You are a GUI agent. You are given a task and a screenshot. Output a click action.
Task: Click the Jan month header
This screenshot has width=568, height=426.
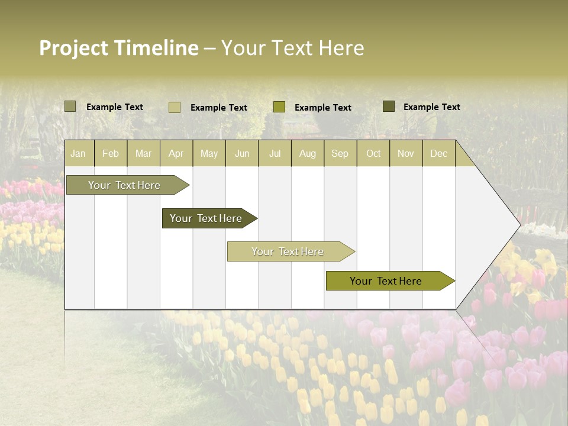tap(78, 153)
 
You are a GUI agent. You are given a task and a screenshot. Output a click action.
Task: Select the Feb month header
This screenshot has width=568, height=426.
tap(111, 153)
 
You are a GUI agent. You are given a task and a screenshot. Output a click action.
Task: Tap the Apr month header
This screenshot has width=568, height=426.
tap(176, 153)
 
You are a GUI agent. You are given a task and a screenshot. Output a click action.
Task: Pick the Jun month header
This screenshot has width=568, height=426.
tap(242, 153)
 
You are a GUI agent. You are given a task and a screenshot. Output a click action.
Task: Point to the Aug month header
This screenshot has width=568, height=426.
tap(307, 153)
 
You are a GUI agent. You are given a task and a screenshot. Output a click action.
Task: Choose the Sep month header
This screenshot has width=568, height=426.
tap(340, 153)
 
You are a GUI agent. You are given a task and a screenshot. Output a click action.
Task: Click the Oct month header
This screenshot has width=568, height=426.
tap(373, 153)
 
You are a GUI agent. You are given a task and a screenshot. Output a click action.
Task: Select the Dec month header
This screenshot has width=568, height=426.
tap(438, 153)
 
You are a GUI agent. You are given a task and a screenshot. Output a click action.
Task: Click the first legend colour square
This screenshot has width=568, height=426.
tap(70, 106)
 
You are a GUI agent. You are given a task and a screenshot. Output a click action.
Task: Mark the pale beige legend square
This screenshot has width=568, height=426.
tap(174, 107)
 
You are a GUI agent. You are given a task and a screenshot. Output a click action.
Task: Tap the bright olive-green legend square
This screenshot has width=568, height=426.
tap(279, 107)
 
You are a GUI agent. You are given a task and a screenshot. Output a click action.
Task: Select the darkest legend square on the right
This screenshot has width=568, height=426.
tap(388, 106)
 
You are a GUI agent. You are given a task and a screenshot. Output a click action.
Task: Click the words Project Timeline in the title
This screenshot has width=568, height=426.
tap(118, 48)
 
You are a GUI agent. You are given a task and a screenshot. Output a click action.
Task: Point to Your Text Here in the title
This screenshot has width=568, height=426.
tap(293, 48)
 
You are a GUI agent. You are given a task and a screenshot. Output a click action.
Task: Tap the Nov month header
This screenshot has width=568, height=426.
tap(406, 153)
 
